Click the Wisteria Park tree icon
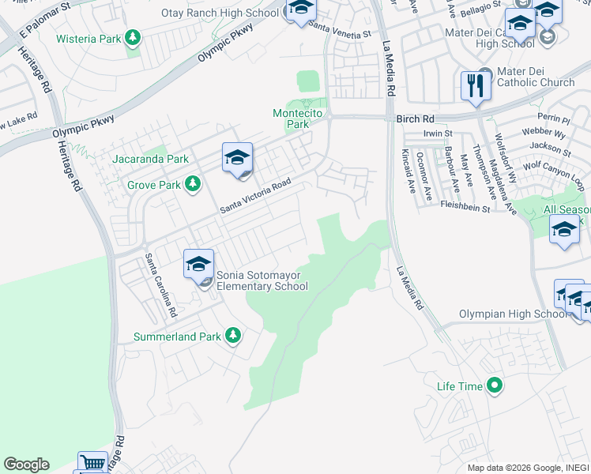pyautogui.click(x=133, y=38)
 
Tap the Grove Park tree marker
pyautogui.click(x=192, y=185)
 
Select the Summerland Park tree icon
pyautogui.click(x=232, y=337)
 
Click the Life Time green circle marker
pyautogui.click(x=495, y=386)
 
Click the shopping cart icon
pyautogui.click(x=92, y=463)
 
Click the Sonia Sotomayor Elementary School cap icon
pyautogui.click(x=198, y=263)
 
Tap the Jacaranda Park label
pyautogui.click(x=151, y=159)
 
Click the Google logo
pyautogui.click(x=26, y=465)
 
